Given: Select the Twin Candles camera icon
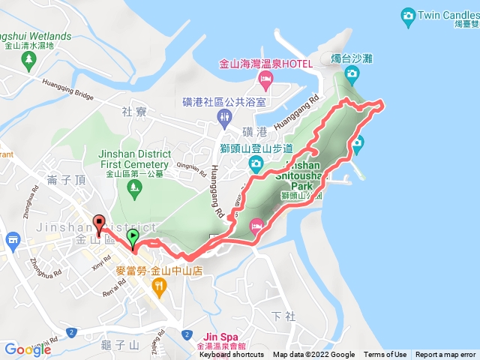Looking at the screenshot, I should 408,14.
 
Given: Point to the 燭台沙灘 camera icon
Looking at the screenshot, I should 352,73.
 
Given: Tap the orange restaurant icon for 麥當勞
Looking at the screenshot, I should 158,286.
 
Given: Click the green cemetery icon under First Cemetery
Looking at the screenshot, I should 135,187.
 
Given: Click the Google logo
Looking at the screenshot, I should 28,349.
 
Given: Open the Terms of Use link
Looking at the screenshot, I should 385,355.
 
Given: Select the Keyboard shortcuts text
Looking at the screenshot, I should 232,355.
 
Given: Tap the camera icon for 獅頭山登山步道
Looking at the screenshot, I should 256,163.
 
